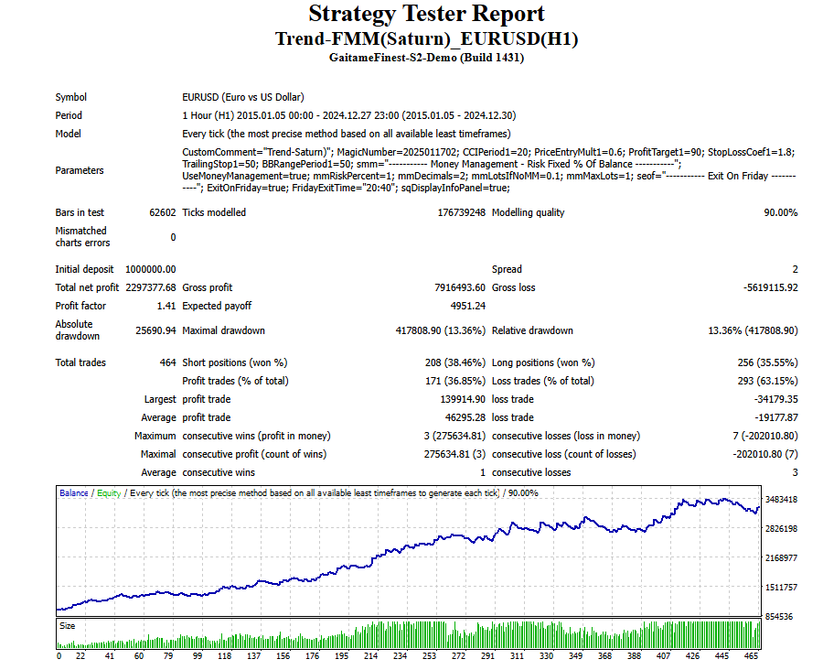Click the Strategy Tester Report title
click(x=426, y=15)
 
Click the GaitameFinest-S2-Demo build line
click(x=426, y=58)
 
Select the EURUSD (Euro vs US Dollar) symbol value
click(x=243, y=97)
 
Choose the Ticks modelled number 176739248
click(x=461, y=212)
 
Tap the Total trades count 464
click(x=166, y=362)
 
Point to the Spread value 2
click(x=795, y=269)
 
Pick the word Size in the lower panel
click(x=68, y=626)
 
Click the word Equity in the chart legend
click(x=109, y=493)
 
